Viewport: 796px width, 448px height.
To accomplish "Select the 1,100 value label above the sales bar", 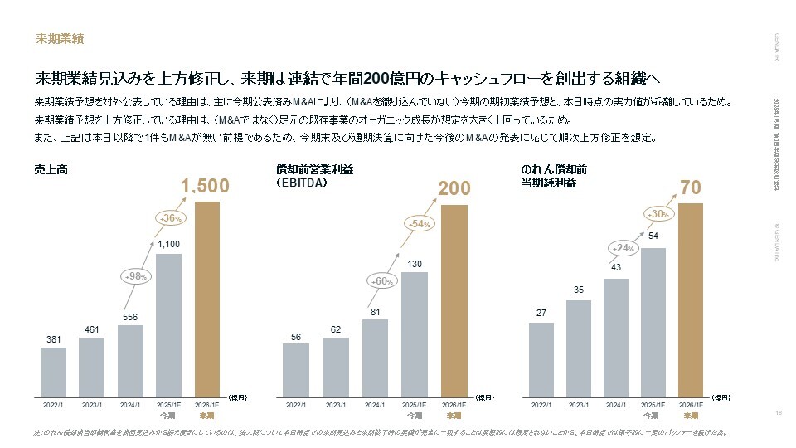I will coord(168,245).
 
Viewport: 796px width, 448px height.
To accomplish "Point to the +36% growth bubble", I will coord(170,217).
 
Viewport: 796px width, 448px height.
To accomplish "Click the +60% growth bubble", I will coord(381,281).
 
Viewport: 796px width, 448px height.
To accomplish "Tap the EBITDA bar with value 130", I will coord(415,332).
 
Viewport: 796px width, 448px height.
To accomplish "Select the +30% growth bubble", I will coord(656,213).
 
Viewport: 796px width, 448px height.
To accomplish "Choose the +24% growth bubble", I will coord(620,247).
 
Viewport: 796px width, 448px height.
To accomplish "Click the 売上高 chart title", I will coord(51,169).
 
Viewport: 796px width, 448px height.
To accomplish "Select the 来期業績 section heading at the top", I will coord(59,38).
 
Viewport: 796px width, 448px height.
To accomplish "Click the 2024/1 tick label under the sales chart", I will coord(130,405).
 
